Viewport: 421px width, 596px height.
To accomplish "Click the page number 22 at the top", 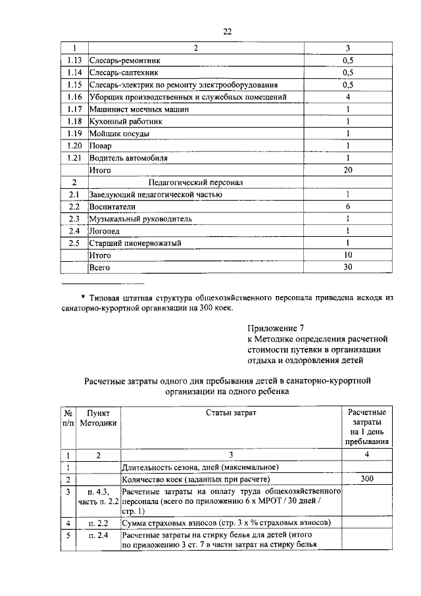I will click(227, 31).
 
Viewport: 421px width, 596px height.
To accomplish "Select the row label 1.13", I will click(74, 61).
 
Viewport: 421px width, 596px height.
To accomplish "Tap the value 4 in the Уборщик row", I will click(348, 97).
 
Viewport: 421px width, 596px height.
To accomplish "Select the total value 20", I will click(348, 170).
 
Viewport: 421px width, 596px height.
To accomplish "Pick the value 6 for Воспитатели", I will click(348, 207).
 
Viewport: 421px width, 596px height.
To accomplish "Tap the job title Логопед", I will click(105, 231).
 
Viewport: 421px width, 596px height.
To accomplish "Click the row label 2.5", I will click(74, 243).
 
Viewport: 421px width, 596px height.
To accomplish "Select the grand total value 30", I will click(348, 267).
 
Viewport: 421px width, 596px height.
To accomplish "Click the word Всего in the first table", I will click(100, 268).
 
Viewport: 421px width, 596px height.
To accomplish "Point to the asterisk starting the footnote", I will click(84, 298).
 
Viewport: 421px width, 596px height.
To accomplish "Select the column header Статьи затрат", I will click(232, 412).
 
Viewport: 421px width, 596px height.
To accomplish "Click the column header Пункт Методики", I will click(98, 418).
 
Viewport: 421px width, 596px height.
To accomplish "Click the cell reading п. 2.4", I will click(98, 535).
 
